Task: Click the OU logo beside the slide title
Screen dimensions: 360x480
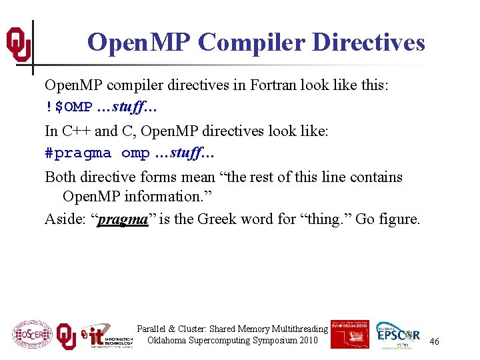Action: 19,43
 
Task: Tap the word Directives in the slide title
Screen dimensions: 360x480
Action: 368,43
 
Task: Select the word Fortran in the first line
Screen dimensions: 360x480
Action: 279,85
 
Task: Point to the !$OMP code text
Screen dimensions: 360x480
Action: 69,108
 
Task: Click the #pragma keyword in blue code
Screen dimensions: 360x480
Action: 78,153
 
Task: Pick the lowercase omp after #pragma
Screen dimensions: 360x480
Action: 135,153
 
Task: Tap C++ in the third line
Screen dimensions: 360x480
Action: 75,131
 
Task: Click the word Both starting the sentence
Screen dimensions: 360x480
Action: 60,177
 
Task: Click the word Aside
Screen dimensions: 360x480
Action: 63,219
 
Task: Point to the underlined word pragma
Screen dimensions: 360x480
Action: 123,219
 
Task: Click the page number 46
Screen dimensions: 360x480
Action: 434,341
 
